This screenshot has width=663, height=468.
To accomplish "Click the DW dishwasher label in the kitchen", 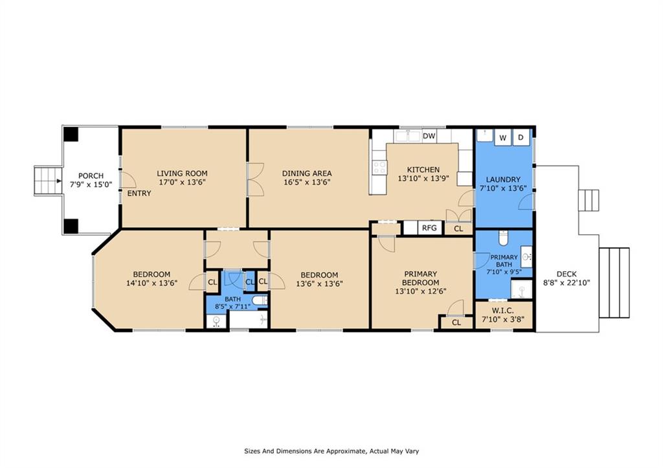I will (429, 136).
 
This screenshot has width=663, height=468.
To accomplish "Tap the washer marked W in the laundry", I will (502, 137).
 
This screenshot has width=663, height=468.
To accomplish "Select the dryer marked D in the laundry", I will (520, 137).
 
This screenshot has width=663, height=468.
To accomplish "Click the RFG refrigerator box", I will (429, 228).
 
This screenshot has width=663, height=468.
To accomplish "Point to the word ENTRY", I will (139, 194).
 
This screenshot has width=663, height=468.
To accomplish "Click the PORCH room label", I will (91, 176).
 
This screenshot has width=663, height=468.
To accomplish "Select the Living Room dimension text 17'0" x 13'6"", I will (182, 183).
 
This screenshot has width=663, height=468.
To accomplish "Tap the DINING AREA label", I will (307, 173).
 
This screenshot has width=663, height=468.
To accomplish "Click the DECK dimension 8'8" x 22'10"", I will (566, 283).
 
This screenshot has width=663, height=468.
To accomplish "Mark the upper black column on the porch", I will (71, 135).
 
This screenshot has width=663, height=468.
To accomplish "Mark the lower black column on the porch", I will (71, 226).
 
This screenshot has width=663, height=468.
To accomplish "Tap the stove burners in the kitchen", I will (379, 168).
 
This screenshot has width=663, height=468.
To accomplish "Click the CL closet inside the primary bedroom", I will (456, 322).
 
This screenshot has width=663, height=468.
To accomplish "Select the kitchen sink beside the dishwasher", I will (408, 136).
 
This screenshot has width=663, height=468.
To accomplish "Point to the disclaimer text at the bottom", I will (334, 451).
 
